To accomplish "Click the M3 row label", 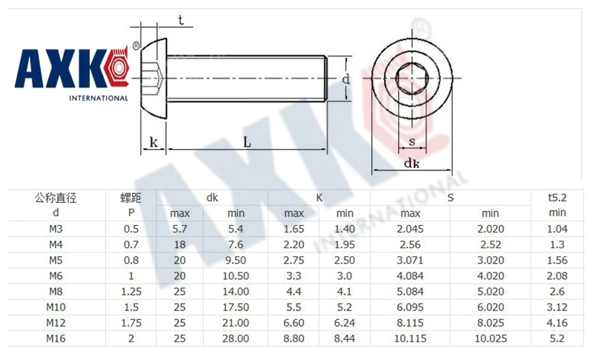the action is tap(56, 229).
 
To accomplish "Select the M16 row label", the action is tap(56, 339).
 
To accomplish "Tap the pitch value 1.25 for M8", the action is tap(131, 292).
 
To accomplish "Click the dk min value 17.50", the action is tap(236, 307).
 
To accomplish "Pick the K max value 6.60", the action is tap(294, 323).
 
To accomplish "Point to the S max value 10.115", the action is tap(411, 339).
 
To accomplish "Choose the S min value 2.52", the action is tap(491, 244).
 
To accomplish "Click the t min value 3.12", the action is tap(557, 307).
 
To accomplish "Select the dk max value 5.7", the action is tap(179, 229).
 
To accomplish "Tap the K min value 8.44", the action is tap(345, 339).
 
